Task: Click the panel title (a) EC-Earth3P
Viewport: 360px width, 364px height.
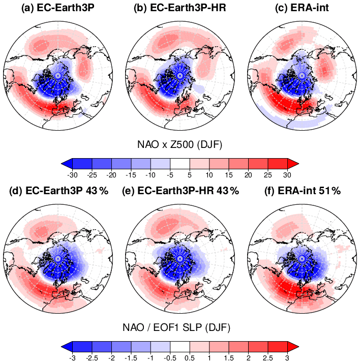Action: click(x=57, y=9)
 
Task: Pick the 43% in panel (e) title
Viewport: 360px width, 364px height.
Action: click(x=228, y=191)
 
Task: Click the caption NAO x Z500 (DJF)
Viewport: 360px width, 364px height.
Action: click(x=179, y=145)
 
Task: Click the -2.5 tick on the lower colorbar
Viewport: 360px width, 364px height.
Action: click(x=92, y=357)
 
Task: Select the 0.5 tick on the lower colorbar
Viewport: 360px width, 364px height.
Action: click(x=189, y=357)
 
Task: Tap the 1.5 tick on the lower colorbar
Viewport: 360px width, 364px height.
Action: click(x=228, y=357)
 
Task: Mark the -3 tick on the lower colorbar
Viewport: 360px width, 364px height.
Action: click(x=72, y=357)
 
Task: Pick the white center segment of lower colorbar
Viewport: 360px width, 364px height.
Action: click(x=179, y=345)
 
